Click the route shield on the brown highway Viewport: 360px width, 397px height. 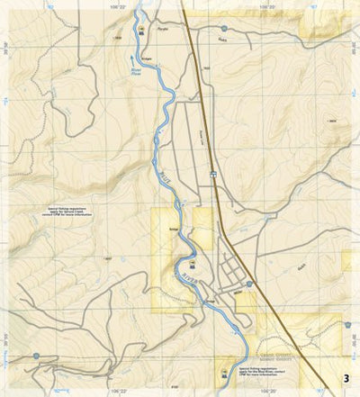tap(213, 173)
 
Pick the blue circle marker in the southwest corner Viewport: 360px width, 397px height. tap(36, 356)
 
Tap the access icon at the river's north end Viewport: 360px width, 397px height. tap(142, 32)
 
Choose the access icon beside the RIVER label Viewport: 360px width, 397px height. tap(179, 263)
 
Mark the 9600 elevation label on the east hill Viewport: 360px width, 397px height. tap(332, 121)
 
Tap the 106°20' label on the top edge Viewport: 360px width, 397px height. tap(267, 5)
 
